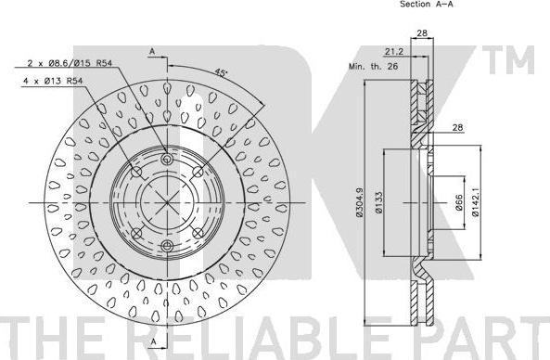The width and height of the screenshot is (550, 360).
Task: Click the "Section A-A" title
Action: [427, 5]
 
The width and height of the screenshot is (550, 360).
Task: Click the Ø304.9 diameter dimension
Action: [359, 202]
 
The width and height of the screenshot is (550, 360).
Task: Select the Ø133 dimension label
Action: [378, 203]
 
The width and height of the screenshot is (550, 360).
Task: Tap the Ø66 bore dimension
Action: [459, 202]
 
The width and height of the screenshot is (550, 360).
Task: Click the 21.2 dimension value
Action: [394, 52]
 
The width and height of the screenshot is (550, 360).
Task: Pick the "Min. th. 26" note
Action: [373, 66]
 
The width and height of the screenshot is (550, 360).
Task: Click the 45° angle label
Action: [221, 72]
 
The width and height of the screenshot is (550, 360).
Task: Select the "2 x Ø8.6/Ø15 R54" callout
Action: [70, 63]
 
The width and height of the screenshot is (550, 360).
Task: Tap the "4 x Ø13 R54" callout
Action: [53, 81]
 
